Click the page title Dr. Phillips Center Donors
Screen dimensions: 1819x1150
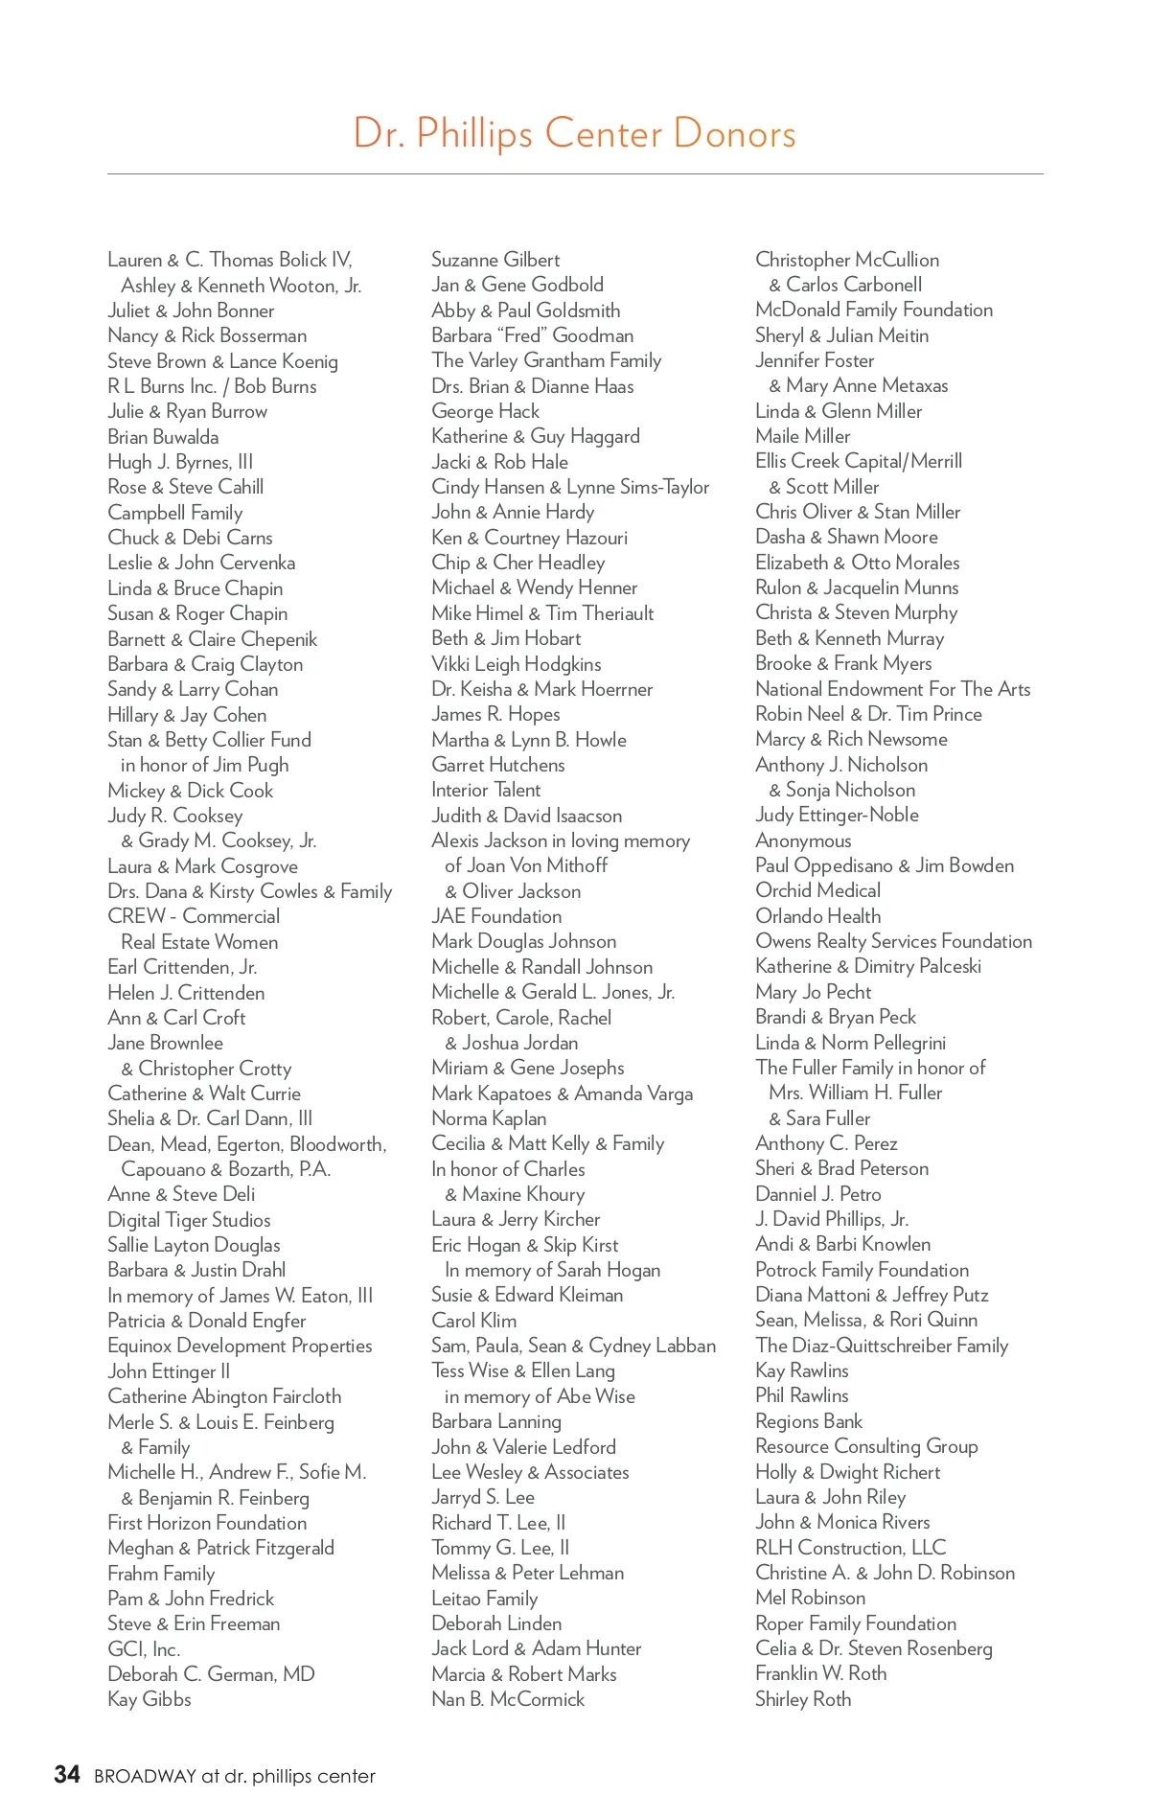pos(574,133)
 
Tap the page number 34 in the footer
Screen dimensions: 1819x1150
pos(67,1775)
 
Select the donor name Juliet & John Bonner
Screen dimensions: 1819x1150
pos(191,311)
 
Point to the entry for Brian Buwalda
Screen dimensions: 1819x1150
pos(163,437)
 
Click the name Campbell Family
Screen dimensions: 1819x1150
pos(175,513)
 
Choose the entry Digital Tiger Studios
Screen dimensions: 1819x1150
pos(189,1220)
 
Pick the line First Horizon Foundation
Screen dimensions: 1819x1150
pos(207,1523)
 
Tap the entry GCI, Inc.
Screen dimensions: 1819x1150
pos(144,1649)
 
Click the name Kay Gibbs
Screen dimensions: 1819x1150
pos(149,1699)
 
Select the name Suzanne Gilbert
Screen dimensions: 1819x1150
pos(495,260)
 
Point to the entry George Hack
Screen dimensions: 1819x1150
pos(485,411)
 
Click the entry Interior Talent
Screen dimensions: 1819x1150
pos(486,790)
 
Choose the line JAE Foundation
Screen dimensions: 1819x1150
pos(496,916)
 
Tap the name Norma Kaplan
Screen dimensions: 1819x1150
pos(489,1118)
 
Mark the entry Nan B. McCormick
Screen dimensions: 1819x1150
pos(508,1699)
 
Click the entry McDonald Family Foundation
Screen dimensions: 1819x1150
pos(874,310)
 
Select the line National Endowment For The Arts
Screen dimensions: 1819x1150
pos(892,689)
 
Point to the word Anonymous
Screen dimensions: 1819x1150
pos(803,840)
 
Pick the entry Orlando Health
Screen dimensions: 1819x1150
pos(817,916)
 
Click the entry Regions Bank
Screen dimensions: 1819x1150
pos(809,1421)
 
